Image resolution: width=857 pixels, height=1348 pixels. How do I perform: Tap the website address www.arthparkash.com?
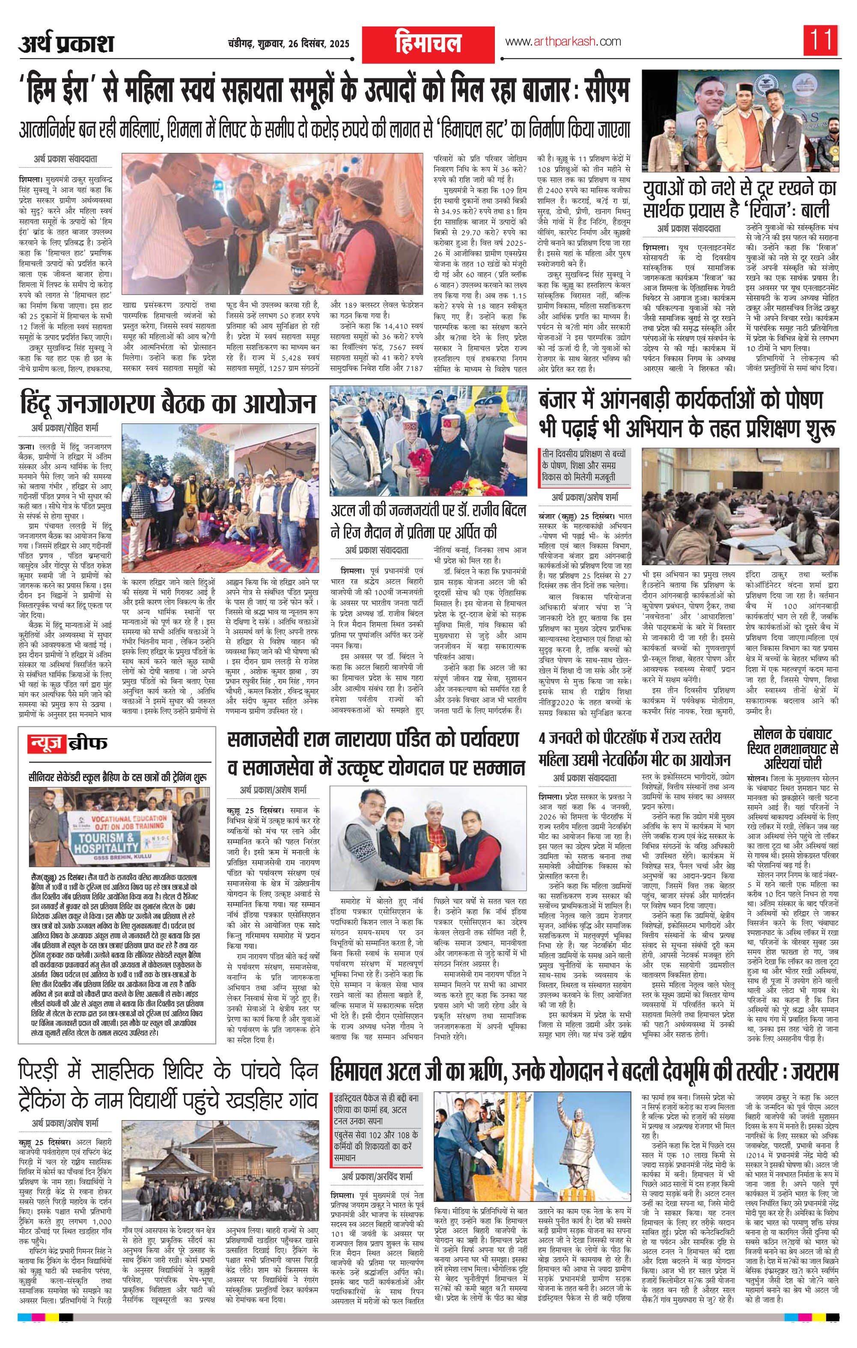(563, 42)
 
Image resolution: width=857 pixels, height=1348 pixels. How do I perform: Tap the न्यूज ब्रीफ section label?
(68, 743)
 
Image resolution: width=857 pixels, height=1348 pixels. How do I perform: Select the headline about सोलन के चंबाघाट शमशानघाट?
(795, 747)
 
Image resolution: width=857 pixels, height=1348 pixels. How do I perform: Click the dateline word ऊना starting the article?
(27, 448)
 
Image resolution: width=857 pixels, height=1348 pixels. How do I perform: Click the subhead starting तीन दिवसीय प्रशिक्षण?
(586, 465)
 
